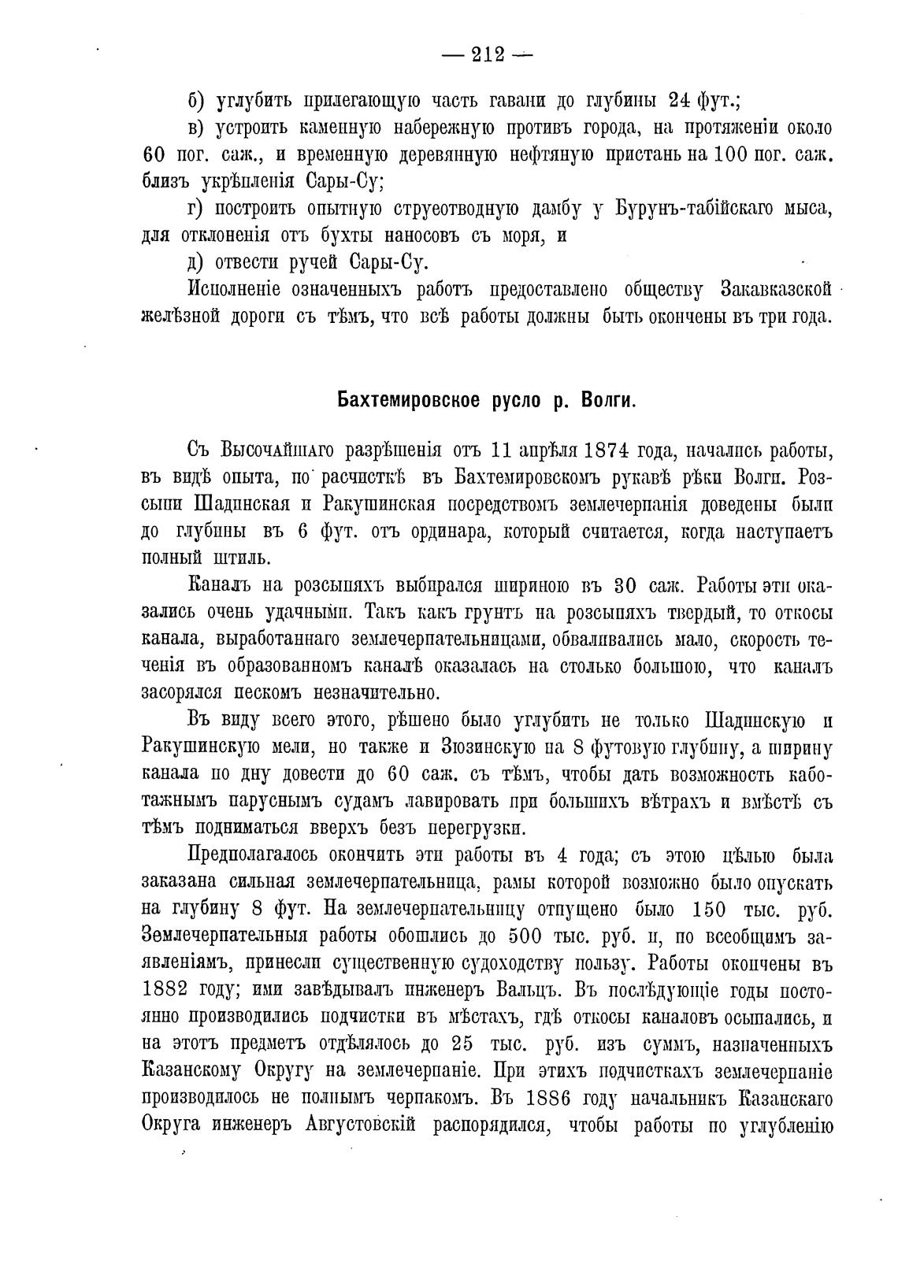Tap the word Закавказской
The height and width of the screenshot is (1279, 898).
[x=776, y=289]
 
